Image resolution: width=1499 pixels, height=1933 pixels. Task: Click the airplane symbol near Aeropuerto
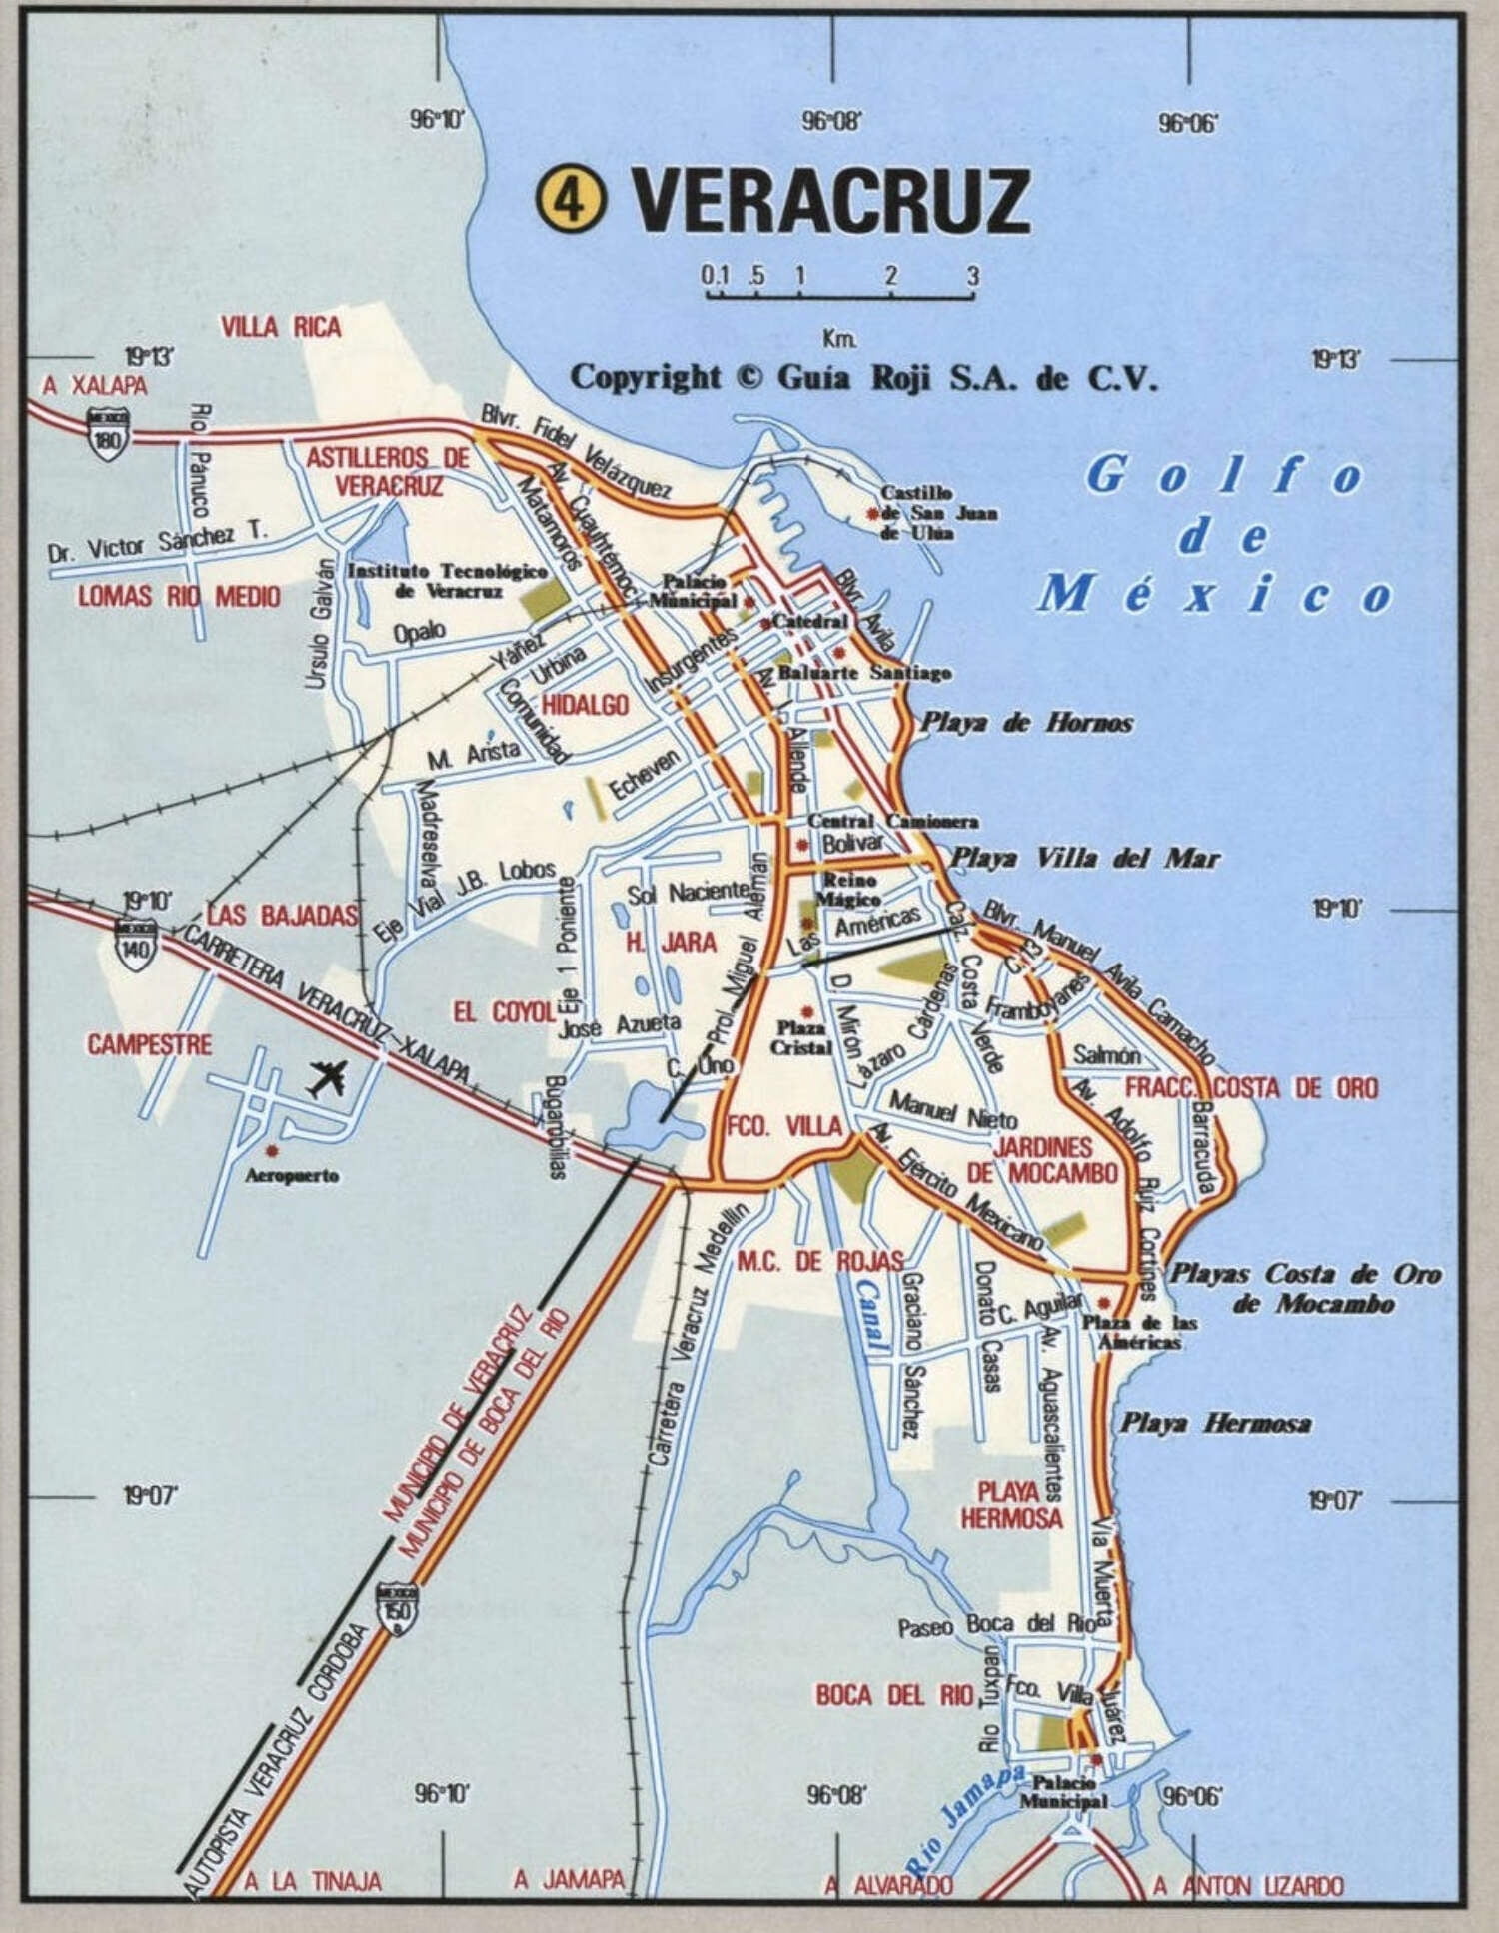point(327,1079)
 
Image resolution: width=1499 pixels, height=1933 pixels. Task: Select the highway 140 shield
point(136,945)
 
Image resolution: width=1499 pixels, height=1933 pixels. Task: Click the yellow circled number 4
point(571,200)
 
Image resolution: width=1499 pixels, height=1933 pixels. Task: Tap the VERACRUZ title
point(829,200)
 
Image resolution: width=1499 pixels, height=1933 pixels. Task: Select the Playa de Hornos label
point(1026,723)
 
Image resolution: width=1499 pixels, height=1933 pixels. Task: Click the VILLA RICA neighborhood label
point(281,327)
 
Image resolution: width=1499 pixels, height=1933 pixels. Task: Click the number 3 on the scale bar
point(971,276)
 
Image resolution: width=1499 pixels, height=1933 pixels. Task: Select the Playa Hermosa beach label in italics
point(1215,1424)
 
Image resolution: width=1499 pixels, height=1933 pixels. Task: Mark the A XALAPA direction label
point(94,386)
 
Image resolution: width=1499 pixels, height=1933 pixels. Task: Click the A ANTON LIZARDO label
point(1248,1885)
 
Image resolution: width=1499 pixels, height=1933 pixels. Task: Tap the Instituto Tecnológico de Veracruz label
point(446,580)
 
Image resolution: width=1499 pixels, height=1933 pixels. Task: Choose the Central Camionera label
point(892,821)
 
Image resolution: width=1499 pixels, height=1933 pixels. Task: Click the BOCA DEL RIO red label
point(893,1694)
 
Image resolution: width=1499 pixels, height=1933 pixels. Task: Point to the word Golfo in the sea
point(1224,475)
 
